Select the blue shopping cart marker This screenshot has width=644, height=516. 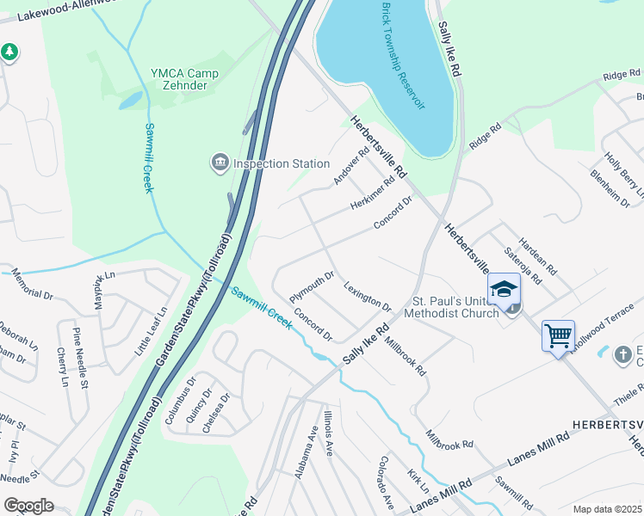pyautogui.click(x=558, y=336)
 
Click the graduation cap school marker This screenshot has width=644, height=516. pyautogui.click(x=504, y=290)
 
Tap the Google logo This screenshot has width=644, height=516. pyautogui.click(x=28, y=506)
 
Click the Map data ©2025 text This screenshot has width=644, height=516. pyautogui.click(x=607, y=509)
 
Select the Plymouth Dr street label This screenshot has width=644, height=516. pyautogui.click(x=311, y=282)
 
